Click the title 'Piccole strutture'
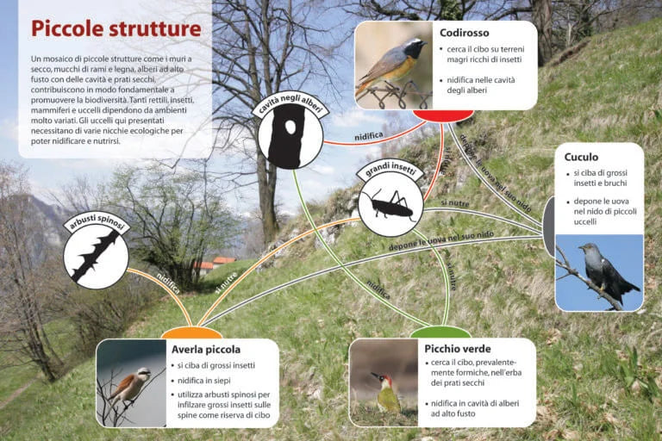116,29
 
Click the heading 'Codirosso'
464,33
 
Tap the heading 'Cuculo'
581,157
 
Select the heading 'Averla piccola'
206,350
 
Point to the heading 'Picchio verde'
457,349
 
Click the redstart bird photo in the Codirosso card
393,65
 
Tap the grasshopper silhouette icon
390,204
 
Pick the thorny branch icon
96,257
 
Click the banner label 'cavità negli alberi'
290,105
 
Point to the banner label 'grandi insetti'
390,169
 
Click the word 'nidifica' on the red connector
369,136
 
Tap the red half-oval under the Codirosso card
443,115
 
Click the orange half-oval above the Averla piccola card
191,333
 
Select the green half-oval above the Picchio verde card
440,332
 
